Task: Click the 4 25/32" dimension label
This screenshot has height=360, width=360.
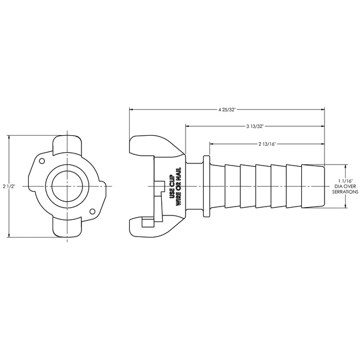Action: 227,109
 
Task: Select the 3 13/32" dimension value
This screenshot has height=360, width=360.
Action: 255,126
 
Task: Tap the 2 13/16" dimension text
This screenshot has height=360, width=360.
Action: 267,144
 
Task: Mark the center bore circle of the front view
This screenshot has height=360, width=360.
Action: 68,186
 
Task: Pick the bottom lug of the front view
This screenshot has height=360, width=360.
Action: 68,228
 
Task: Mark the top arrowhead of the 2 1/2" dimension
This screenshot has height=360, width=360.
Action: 9,137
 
